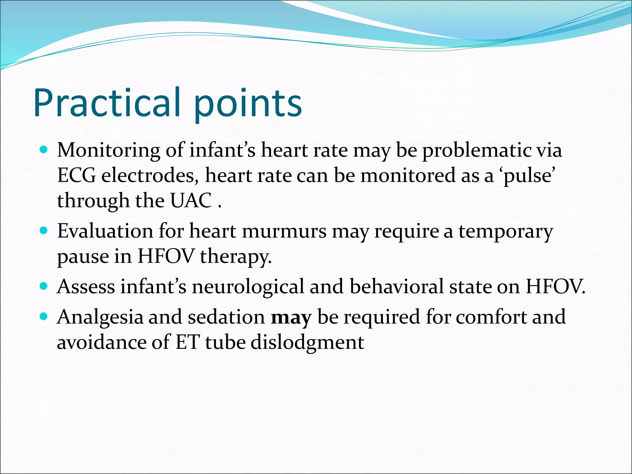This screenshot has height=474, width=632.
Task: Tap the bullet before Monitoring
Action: pos(44,150)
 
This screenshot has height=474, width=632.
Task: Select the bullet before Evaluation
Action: pos(44,231)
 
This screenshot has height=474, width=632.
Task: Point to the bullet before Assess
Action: pos(44,286)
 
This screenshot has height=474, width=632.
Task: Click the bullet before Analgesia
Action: pos(44,317)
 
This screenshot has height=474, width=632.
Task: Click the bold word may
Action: pos(291,318)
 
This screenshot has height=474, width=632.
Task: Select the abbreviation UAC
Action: pos(191,201)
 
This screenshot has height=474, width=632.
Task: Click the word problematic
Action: pos(476,151)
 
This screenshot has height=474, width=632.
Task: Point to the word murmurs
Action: pos(284,231)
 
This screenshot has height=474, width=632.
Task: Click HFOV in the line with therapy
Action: pos(166,256)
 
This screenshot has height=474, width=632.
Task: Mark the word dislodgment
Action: pos(307,343)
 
